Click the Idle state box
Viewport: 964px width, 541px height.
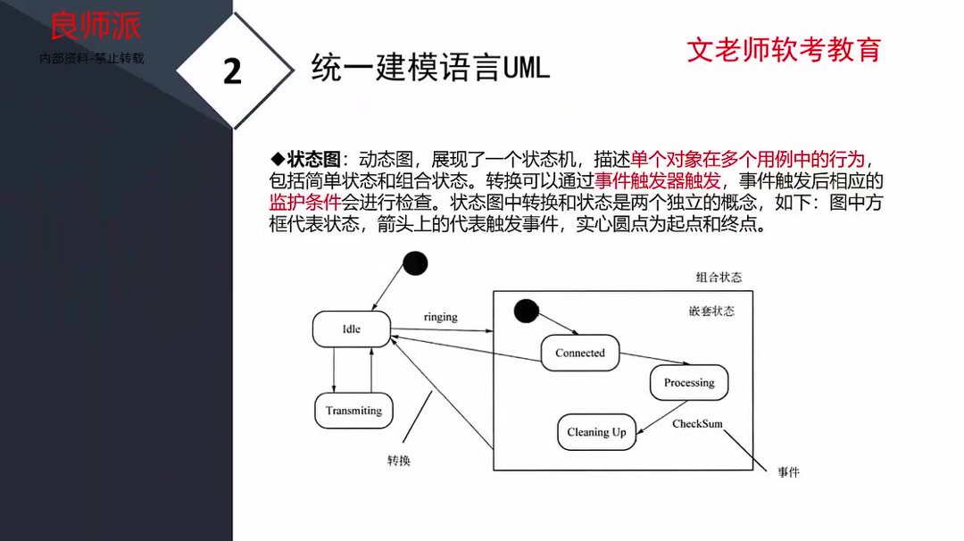[351, 329]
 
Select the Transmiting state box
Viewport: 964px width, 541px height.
[353, 411]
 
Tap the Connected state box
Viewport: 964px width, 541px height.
[580, 353]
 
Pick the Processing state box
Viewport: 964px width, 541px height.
[689, 383]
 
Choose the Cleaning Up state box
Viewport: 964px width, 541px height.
[596, 432]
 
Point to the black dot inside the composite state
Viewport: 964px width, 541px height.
[526, 311]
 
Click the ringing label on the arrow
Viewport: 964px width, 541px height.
[440, 317]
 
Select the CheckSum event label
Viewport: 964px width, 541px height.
[697, 424]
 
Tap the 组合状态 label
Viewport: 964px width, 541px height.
[719, 278]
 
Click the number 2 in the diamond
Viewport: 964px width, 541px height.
[232, 71]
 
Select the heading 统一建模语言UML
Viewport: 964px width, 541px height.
[430, 68]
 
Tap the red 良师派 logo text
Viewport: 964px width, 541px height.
[96, 26]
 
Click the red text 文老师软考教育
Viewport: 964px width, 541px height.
[784, 49]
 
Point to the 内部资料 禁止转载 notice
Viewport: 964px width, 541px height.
[92, 58]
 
